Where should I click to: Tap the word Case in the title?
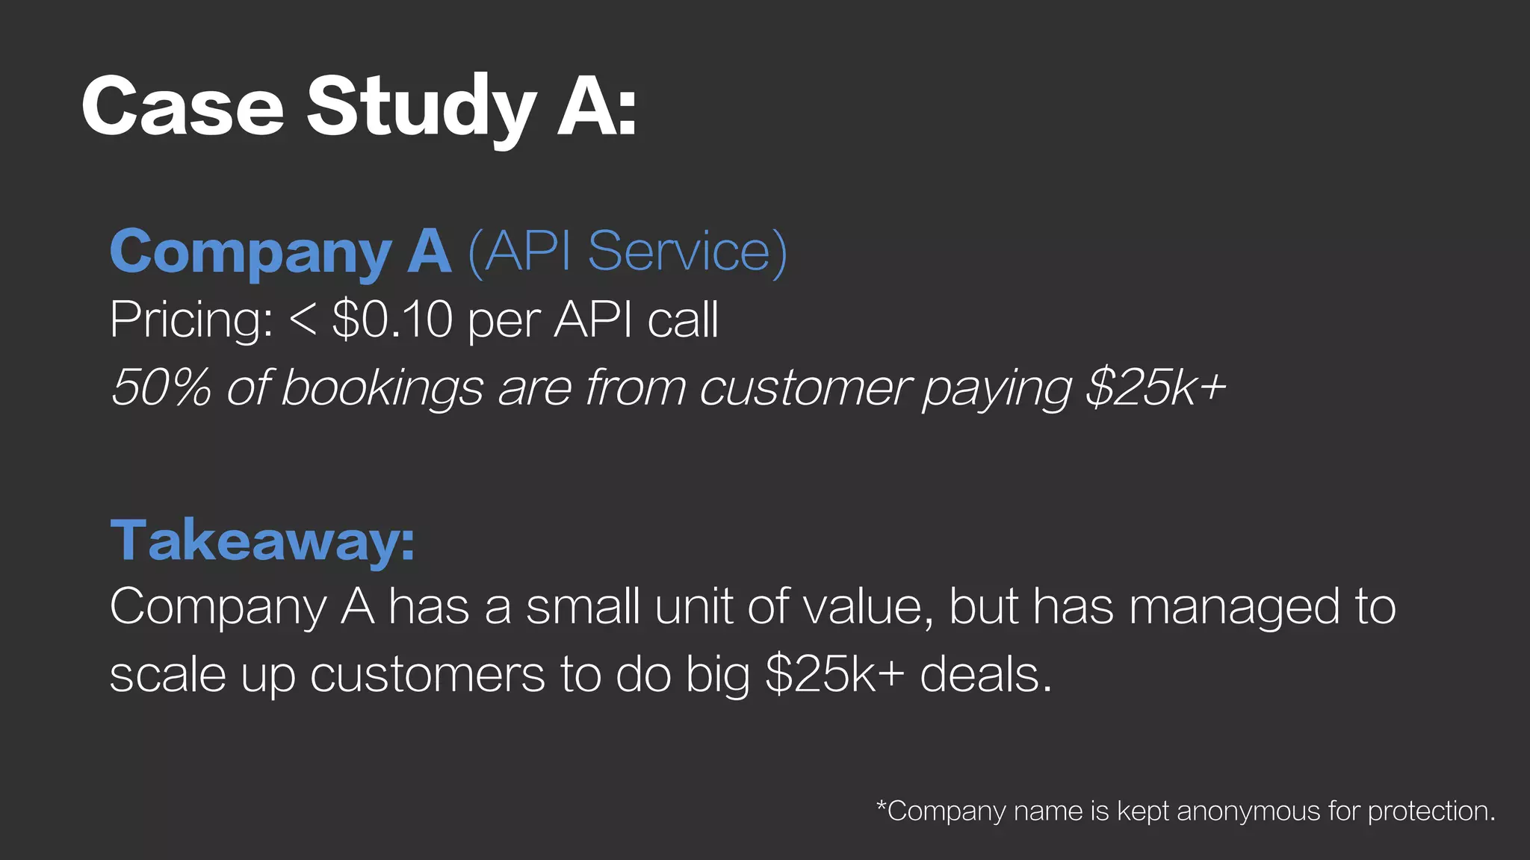183,107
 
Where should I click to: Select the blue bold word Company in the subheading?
251,253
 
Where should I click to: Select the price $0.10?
392,320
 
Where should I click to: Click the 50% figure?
161,387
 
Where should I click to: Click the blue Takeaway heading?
262,540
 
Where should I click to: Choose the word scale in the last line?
167,675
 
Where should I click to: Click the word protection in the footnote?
1431,811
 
